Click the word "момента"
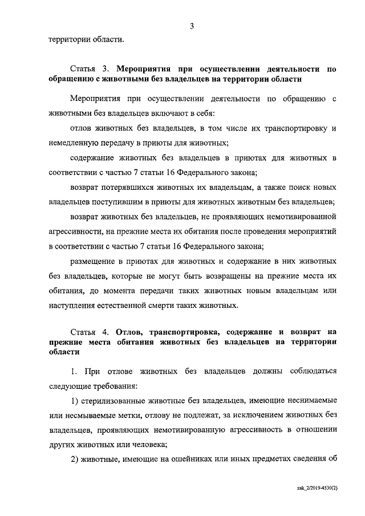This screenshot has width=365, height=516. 117,291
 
